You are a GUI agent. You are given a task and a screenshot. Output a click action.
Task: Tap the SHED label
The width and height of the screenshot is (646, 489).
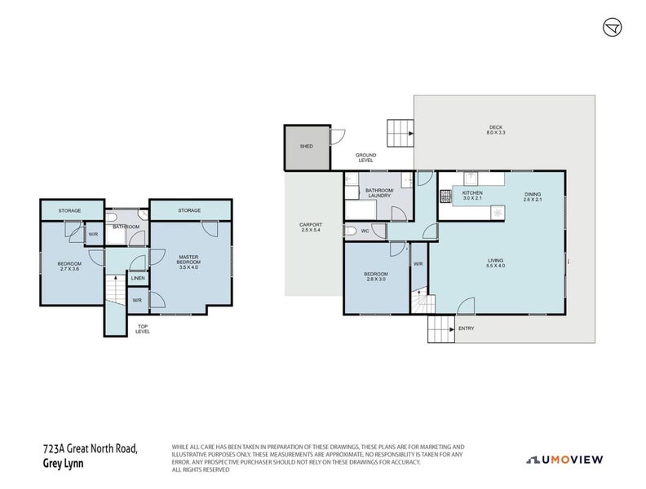tap(307, 147)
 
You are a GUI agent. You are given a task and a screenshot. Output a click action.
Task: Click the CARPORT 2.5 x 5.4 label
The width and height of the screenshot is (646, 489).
tap(311, 227)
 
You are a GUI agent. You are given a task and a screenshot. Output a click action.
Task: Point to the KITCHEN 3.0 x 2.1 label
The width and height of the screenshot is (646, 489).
tap(473, 196)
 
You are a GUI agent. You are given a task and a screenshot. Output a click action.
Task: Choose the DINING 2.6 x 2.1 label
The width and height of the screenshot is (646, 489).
tap(533, 196)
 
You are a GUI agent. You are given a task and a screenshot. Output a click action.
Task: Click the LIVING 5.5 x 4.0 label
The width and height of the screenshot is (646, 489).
tap(496, 262)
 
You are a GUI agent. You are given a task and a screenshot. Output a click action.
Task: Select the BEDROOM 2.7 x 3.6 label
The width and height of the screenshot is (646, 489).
tap(68, 266)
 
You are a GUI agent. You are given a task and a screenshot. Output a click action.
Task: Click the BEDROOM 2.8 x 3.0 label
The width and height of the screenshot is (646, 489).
tap(376, 276)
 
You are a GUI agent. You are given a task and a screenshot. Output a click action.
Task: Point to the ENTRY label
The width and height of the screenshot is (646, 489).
tap(467, 328)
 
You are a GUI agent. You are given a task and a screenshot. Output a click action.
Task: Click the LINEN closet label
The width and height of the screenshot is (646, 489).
tap(138, 279)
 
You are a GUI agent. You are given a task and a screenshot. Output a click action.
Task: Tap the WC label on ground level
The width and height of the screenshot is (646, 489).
tap(365, 231)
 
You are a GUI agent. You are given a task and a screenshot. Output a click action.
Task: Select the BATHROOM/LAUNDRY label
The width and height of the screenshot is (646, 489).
tap(379, 193)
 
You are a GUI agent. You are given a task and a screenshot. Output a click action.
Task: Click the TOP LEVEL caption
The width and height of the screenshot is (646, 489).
tap(143, 330)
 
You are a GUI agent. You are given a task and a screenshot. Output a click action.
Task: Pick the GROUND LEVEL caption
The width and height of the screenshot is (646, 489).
tap(365, 157)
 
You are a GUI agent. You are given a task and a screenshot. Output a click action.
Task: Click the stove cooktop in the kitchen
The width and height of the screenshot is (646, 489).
tap(446, 196)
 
